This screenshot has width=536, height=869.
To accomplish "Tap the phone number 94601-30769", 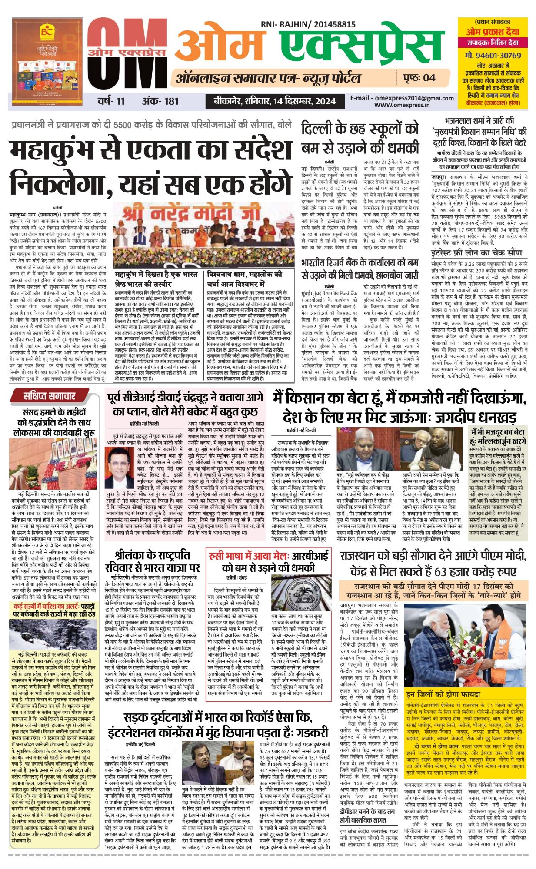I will [x=493, y=56].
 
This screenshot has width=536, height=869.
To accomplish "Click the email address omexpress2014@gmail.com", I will [x=396, y=98].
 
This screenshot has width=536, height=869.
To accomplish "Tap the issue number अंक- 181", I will [x=160, y=101].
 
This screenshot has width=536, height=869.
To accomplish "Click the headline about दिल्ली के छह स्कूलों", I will [x=360, y=138].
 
